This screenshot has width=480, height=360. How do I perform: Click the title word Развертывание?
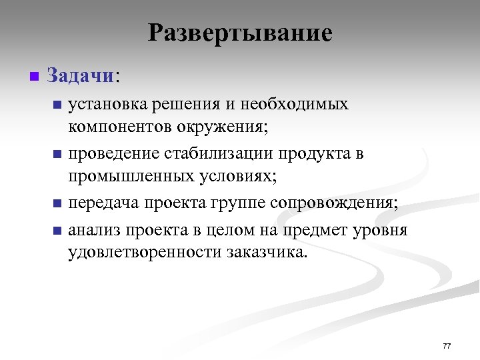click(x=240, y=32)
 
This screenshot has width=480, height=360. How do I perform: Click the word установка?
click(x=107, y=105)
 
